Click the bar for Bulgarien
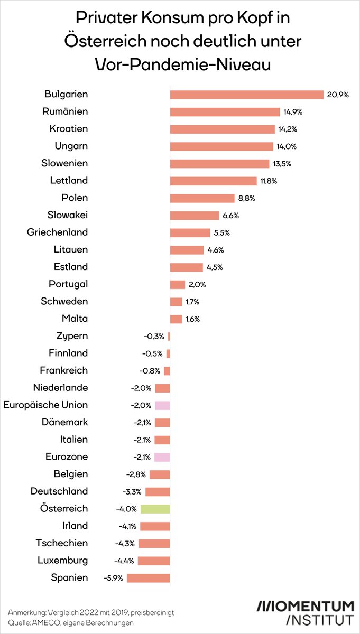click(x=246, y=95)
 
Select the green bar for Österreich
click(x=155, y=509)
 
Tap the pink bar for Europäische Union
click(x=162, y=405)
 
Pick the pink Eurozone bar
click(x=162, y=457)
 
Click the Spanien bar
click(x=148, y=578)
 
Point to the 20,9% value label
click(x=338, y=95)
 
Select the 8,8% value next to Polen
click(x=246, y=198)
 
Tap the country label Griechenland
click(x=58, y=232)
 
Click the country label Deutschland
click(x=59, y=491)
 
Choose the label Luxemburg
click(x=63, y=561)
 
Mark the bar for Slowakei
click(x=194, y=215)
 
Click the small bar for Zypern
click(x=169, y=336)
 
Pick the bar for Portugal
click(x=177, y=284)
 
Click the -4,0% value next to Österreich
click(x=126, y=509)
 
